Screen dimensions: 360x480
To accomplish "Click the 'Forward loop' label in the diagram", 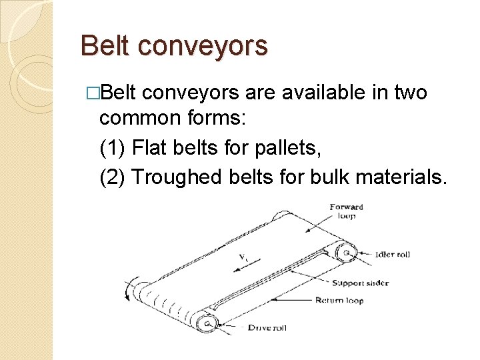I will click(x=347, y=211).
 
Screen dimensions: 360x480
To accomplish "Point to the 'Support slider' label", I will click(x=360, y=283).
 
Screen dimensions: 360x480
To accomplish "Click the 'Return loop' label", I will click(x=339, y=301).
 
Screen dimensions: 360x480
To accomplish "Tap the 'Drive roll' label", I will click(x=267, y=327).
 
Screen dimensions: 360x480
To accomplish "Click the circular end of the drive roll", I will click(x=209, y=323).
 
